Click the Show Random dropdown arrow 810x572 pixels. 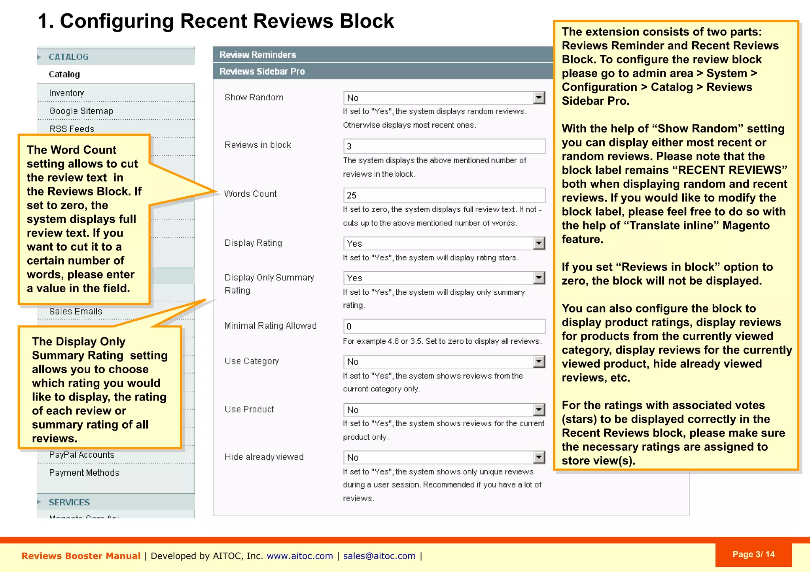pyautogui.click(x=539, y=98)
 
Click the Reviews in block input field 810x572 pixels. pyautogui.click(x=444, y=146)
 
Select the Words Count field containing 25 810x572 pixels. pyautogui.click(x=444, y=195)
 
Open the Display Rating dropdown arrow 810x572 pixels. pyautogui.click(x=539, y=243)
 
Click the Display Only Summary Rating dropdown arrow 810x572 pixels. pyautogui.click(x=539, y=278)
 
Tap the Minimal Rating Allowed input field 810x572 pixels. pyautogui.click(x=444, y=326)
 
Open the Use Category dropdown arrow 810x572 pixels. pyautogui.click(x=539, y=361)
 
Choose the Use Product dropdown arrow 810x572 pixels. pyautogui.click(x=539, y=410)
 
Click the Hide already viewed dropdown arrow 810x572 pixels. pyautogui.click(x=539, y=457)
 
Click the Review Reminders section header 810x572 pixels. pyautogui.click(x=258, y=55)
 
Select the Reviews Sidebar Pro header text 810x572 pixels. pyautogui.click(x=262, y=71)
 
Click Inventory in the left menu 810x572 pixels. pyautogui.click(x=66, y=93)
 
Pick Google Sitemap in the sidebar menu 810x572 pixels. pyautogui.click(x=81, y=111)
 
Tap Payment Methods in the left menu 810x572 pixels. pyautogui.click(x=84, y=473)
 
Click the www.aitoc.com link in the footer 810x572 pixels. pyautogui.click(x=300, y=556)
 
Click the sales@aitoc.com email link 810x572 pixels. pyautogui.click(x=379, y=556)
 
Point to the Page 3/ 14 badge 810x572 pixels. pyautogui.click(x=753, y=554)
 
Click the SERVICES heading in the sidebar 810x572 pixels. pyautogui.click(x=69, y=502)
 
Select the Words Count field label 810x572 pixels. pyautogui.click(x=250, y=194)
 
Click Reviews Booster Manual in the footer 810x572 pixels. pyautogui.click(x=81, y=556)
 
